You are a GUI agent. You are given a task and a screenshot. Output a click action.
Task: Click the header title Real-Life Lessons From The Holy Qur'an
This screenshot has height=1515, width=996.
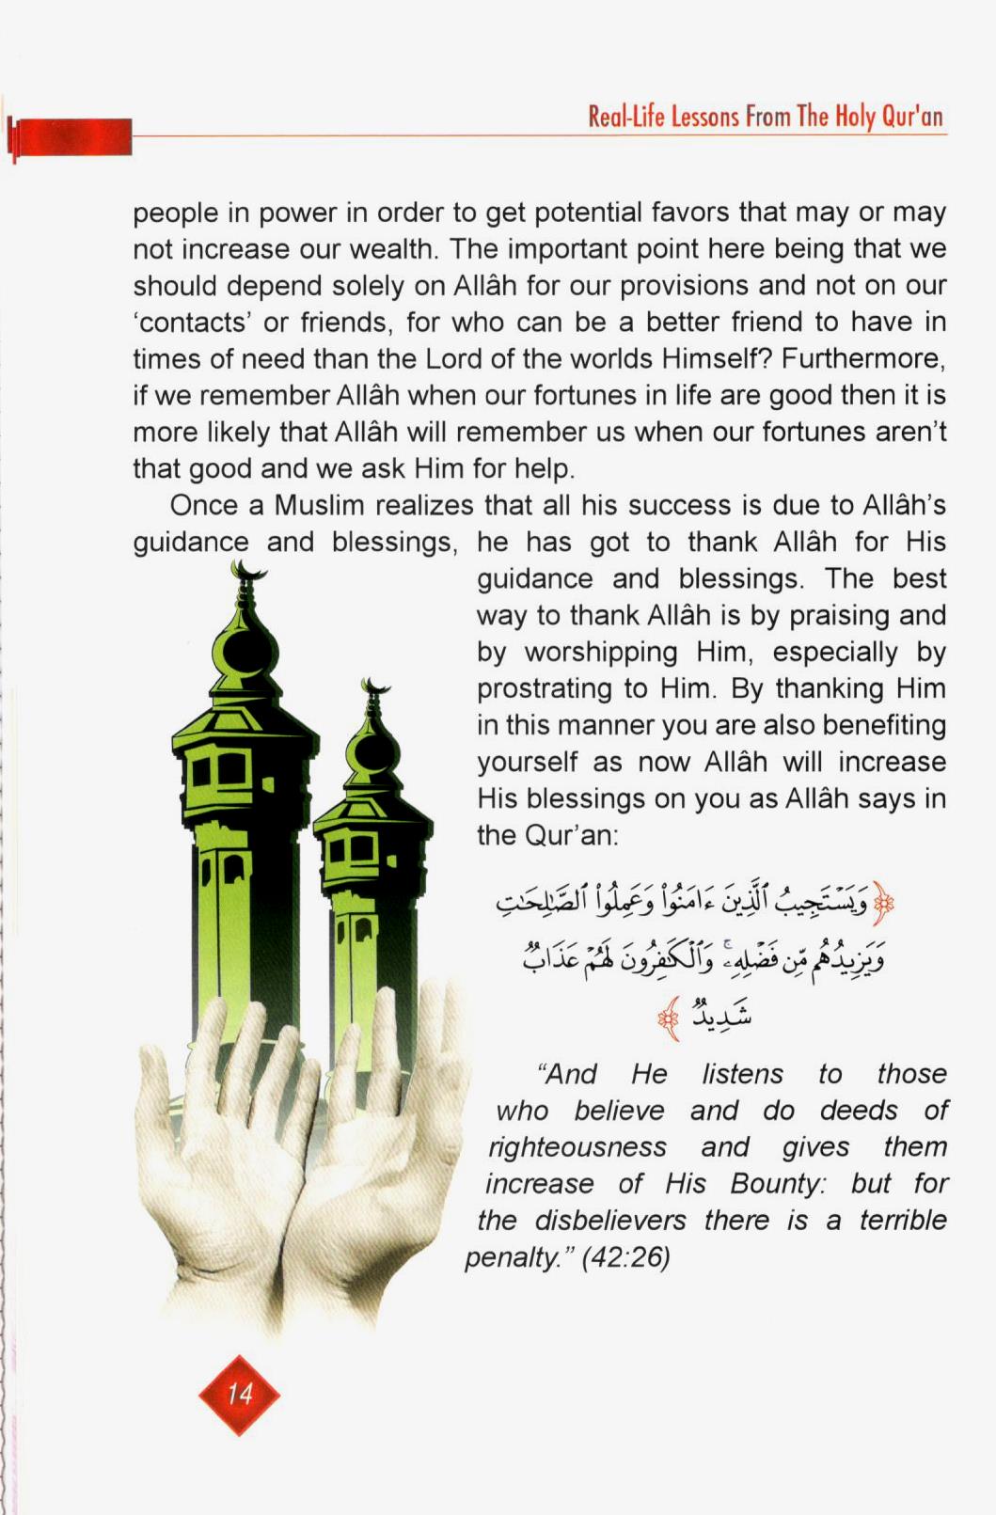coord(765,117)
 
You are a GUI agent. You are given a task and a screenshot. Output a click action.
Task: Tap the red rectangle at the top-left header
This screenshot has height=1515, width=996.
coord(71,137)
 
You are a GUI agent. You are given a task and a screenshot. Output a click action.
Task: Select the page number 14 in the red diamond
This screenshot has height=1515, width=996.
coord(240,1394)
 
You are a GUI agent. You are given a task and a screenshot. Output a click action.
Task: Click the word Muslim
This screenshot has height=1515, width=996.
coord(319,505)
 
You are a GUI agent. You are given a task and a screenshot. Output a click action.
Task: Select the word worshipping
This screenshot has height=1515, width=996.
coord(601,652)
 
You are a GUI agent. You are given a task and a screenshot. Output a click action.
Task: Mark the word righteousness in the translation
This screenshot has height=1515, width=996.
coord(577,1146)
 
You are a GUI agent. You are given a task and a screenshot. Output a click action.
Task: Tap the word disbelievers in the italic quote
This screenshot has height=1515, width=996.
coord(610,1220)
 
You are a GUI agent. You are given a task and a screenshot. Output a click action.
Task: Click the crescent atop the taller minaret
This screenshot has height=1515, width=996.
coord(248,570)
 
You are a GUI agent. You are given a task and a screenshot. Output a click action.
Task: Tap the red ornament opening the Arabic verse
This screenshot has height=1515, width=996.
coord(882,904)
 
